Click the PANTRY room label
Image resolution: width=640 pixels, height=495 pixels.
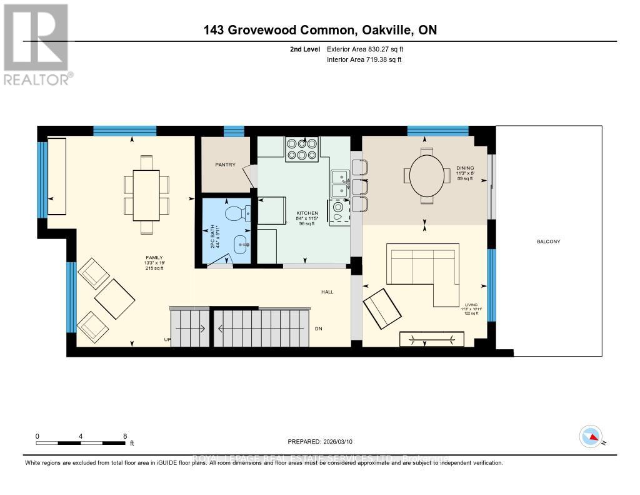pyautogui.click(x=225, y=165)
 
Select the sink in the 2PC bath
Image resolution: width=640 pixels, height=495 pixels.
pyautogui.click(x=241, y=244)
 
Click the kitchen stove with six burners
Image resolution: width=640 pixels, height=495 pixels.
pyautogui.click(x=302, y=149)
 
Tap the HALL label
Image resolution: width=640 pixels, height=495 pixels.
pyautogui.click(x=327, y=291)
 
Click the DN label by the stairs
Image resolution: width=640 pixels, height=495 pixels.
pyautogui.click(x=318, y=328)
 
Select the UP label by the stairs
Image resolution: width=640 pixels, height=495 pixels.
pyautogui.click(x=167, y=340)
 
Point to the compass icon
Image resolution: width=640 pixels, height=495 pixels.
pyautogui.click(x=590, y=436)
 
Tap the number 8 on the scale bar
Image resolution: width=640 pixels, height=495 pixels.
pyautogui.click(x=125, y=436)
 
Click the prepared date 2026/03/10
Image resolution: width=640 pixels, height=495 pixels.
pyautogui.click(x=336, y=442)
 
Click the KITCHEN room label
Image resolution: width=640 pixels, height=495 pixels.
pyautogui.click(x=307, y=213)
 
